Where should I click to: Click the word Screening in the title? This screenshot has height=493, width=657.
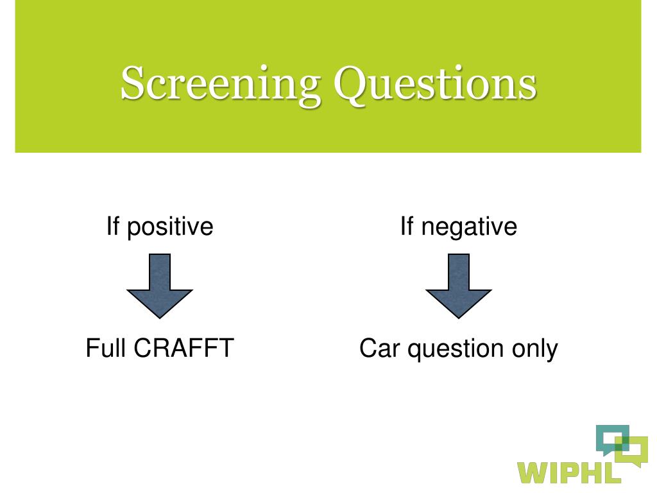click(x=220, y=84)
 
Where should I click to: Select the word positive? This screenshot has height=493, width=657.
click(x=170, y=227)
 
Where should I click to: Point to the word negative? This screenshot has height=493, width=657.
click(x=469, y=227)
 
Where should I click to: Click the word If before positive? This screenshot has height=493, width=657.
click(x=113, y=227)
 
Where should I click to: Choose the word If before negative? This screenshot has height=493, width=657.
click(x=407, y=227)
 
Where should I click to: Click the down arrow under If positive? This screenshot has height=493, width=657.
click(x=160, y=286)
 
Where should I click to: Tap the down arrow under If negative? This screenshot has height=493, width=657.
click(x=459, y=286)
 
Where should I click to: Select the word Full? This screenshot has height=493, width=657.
click(x=107, y=349)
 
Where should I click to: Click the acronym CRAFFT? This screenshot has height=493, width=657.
click(x=183, y=349)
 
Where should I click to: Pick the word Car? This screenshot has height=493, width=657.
click(x=379, y=349)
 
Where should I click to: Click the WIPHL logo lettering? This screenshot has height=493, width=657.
click(x=570, y=471)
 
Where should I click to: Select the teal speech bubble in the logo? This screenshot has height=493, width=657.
click(x=608, y=437)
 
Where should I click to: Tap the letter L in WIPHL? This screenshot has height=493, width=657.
click(x=613, y=471)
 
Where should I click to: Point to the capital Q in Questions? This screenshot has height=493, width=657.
click(x=353, y=84)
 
